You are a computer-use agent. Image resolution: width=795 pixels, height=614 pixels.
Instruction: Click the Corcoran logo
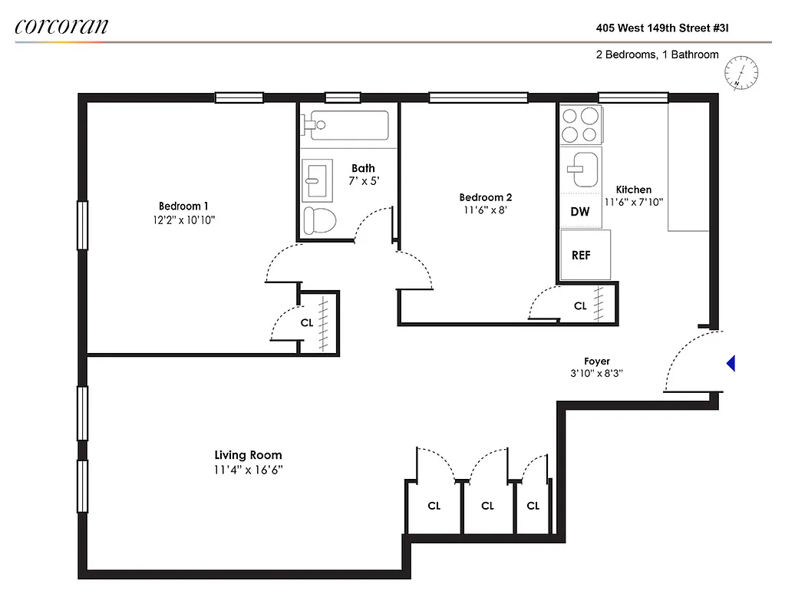click(61, 26)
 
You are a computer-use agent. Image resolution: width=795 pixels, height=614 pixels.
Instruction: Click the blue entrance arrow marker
click(731, 364)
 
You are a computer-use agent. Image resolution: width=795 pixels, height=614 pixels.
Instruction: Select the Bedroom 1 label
click(183, 206)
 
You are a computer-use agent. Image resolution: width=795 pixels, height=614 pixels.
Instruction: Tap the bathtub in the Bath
click(348, 126)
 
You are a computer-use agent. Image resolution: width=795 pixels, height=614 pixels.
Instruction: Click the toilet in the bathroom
click(319, 221)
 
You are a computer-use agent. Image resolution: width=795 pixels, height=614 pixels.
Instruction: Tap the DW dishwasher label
click(580, 212)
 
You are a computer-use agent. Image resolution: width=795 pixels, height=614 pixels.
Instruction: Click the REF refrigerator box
click(585, 255)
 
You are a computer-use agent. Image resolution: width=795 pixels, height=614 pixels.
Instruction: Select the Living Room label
click(248, 455)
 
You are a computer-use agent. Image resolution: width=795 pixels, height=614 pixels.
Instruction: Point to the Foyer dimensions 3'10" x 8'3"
click(596, 374)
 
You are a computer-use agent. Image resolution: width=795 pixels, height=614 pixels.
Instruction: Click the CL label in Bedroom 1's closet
click(307, 323)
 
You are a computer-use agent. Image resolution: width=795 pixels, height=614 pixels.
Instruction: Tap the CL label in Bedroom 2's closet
click(580, 305)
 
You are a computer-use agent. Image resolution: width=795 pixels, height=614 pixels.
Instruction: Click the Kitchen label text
click(633, 190)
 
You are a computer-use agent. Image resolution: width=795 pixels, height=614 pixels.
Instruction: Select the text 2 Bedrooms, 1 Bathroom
click(657, 54)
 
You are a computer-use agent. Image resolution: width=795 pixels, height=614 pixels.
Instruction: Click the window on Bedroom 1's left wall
click(82, 224)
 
